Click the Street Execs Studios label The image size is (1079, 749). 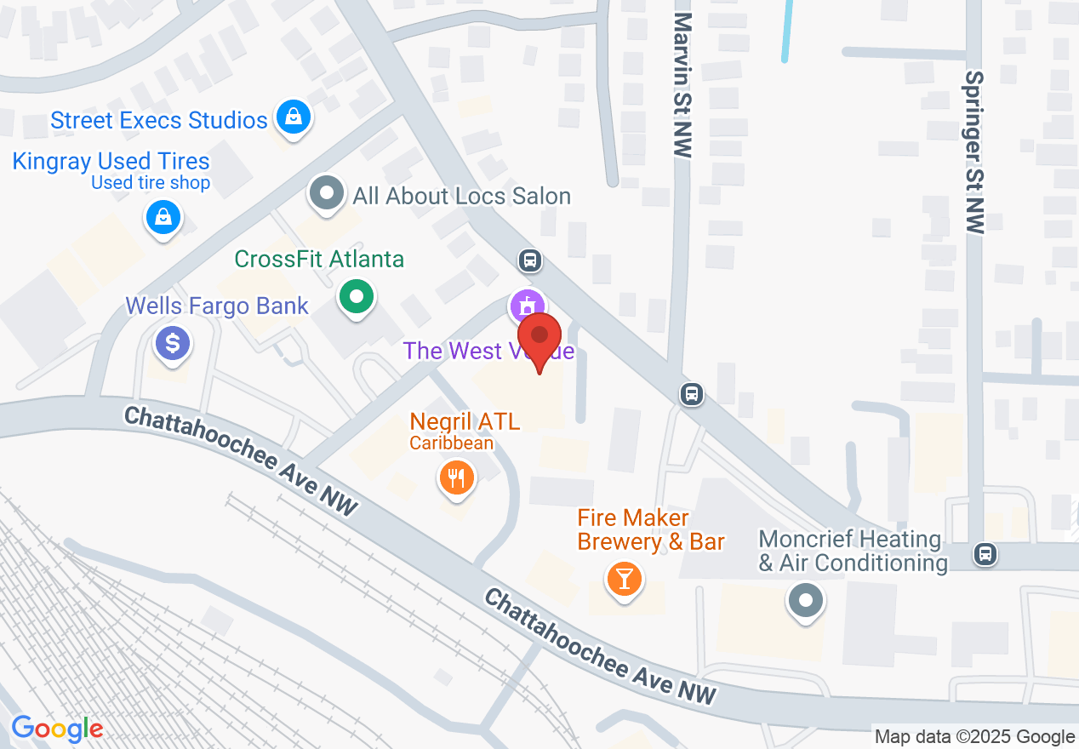pyautogui.click(x=158, y=120)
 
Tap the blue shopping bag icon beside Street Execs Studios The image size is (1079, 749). pyautogui.click(x=294, y=116)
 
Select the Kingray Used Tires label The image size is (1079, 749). pyautogui.click(x=111, y=161)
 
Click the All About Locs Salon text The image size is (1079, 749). pyautogui.click(x=461, y=196)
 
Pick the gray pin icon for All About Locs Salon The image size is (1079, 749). pyautogui.click(x=326, y=192)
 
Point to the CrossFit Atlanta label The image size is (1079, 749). pyautogui.click(x=319, y=259)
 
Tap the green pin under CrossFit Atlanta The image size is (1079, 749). pyautogui.click(x=357, y=298)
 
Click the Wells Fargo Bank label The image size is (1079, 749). pyautogui.click(x=217, y=306)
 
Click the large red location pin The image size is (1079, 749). pyautogui.click(x=539, y=336)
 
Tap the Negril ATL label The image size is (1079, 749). pyautogui.click(x=465, y=420)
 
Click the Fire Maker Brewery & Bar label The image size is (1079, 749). pyautogui.click(x=651, y=529)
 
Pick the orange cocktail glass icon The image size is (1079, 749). pyautogui.click(x=625, y=579)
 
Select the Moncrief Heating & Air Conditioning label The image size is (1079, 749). pyautogui.click(x=853, y=551)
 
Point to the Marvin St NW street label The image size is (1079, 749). pyautogui.click(x=682, y=85)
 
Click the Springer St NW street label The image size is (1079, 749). pyautogui.click(x=974, y=152)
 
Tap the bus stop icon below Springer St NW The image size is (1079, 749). pyautogui.click(x=985, y=555)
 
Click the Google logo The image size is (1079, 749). pyautogui.click(x=57, y=729)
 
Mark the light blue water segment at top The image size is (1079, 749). pyautogui.click(x=787, y=31)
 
